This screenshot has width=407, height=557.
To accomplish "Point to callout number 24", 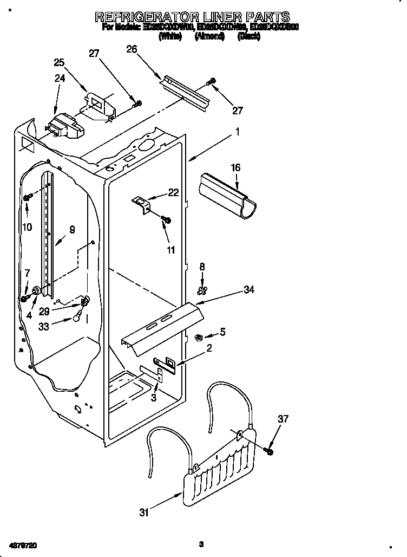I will coord(60,78).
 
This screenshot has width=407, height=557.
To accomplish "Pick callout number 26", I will coord(132,49).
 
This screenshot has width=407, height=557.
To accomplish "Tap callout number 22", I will coord(173,192).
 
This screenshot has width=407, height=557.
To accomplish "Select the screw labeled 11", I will coord(166,219).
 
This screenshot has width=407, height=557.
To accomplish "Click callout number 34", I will coord(248,290).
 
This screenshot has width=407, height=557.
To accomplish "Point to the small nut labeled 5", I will coord(198,338).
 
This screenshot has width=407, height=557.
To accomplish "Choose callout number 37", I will coord(284,418).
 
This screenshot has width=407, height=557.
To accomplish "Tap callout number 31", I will coord(143,513).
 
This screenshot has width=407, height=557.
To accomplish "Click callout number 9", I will coord(72,229).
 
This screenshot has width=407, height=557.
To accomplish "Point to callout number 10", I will coord(27,227).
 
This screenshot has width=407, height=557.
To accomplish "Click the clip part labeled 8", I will coord(202,292).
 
